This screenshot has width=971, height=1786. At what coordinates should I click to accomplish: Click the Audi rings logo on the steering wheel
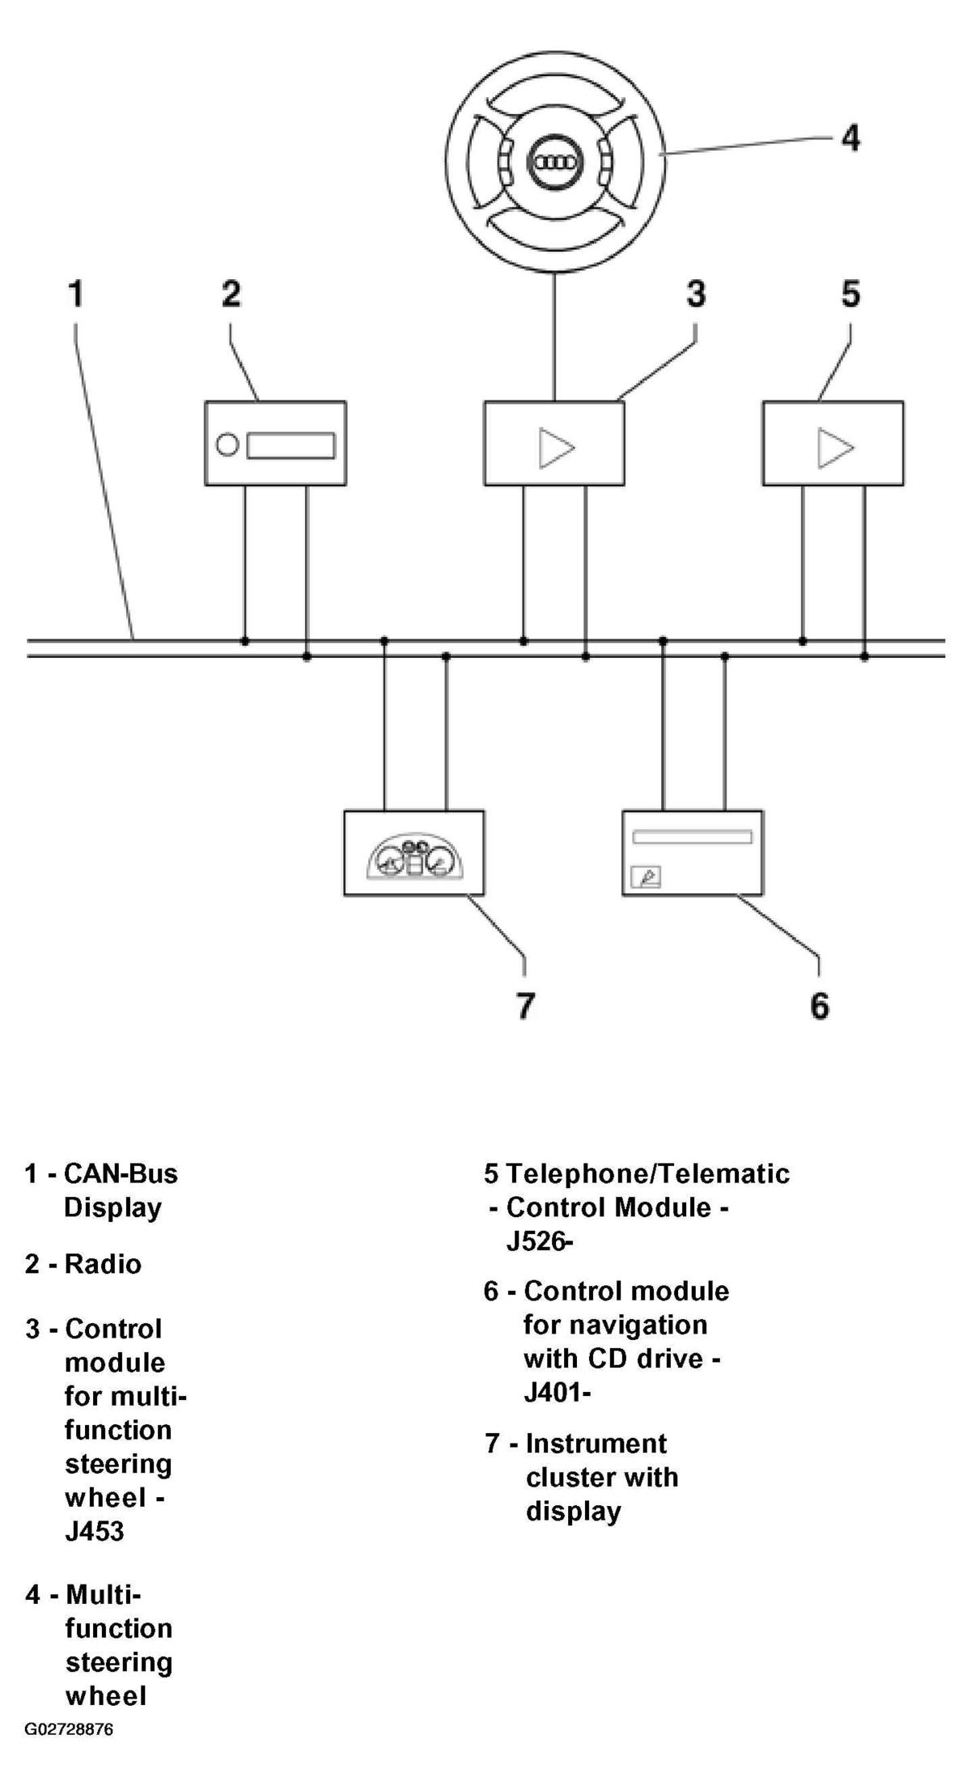554,162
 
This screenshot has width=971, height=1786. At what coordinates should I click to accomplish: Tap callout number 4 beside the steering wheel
850,138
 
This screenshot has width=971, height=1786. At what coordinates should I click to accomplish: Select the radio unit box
275,443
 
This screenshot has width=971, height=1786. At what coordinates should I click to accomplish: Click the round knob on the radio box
228,445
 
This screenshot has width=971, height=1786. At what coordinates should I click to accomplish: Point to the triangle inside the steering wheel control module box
556,448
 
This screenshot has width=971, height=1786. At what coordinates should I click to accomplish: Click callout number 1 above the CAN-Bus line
76,293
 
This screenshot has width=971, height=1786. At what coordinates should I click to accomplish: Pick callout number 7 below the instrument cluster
525,1005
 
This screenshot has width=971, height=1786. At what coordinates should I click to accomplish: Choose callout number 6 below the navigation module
819,1005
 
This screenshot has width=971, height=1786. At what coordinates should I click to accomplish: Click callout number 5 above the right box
850,293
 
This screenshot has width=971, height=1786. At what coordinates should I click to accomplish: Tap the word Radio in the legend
103,1264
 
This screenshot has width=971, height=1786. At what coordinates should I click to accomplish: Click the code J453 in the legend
95,1532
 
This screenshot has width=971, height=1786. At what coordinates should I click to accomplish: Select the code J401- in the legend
558,1393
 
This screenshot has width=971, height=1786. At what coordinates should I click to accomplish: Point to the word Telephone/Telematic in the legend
648,1174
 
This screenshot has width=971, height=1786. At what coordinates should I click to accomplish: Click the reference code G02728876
69,1730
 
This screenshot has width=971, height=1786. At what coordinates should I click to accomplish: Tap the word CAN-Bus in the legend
121,1173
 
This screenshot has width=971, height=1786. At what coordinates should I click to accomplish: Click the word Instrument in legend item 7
596,1444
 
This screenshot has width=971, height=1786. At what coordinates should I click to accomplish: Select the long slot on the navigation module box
692,837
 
